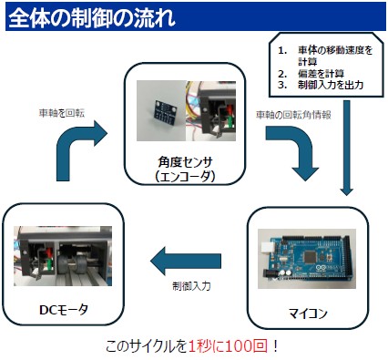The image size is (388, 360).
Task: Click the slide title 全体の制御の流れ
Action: [92, 17]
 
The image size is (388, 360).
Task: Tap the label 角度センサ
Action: [185, 162]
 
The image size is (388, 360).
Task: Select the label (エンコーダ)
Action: [185, 176]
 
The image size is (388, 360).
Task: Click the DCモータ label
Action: [64, 310]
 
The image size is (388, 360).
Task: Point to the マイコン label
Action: [308, 314]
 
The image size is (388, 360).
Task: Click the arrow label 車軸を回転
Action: [62, 113]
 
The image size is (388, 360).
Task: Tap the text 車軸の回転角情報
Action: [293, 115]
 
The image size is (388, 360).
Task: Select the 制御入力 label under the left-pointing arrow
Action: [191, 286]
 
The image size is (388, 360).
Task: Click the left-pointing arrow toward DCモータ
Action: [186, 261]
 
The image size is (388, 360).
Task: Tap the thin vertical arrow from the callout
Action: [346, 148]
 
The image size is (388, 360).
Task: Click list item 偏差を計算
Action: [321, 74]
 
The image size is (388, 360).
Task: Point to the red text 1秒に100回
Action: [228, 346]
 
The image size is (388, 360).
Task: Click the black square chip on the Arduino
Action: [310, 256]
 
